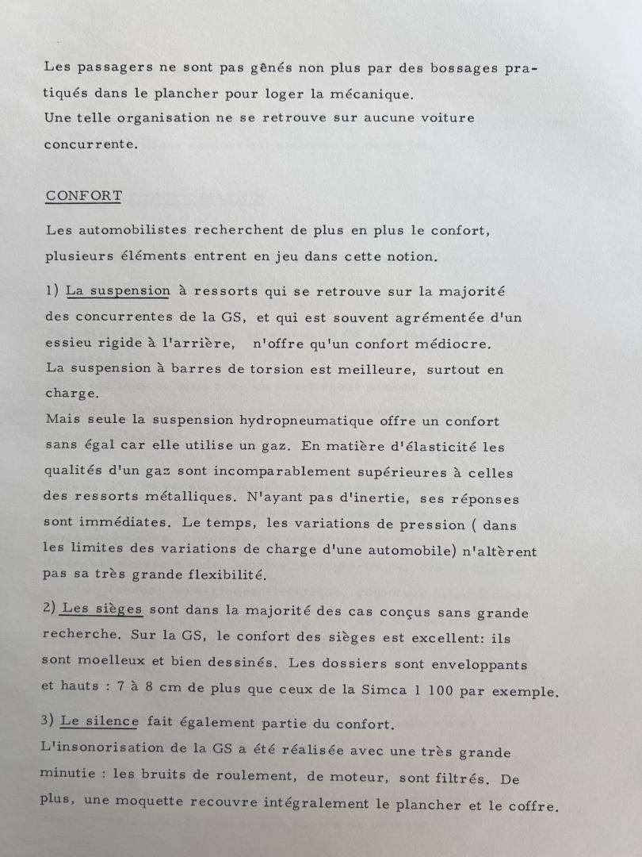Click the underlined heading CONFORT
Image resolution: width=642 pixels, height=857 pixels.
[83, 195]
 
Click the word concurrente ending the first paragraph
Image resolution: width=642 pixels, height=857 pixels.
[91, 144]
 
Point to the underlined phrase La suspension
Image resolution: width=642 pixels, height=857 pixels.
[117, 290]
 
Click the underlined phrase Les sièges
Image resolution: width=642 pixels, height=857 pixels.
[101, 610]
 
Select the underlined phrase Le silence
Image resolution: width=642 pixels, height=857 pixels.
[99, 722]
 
